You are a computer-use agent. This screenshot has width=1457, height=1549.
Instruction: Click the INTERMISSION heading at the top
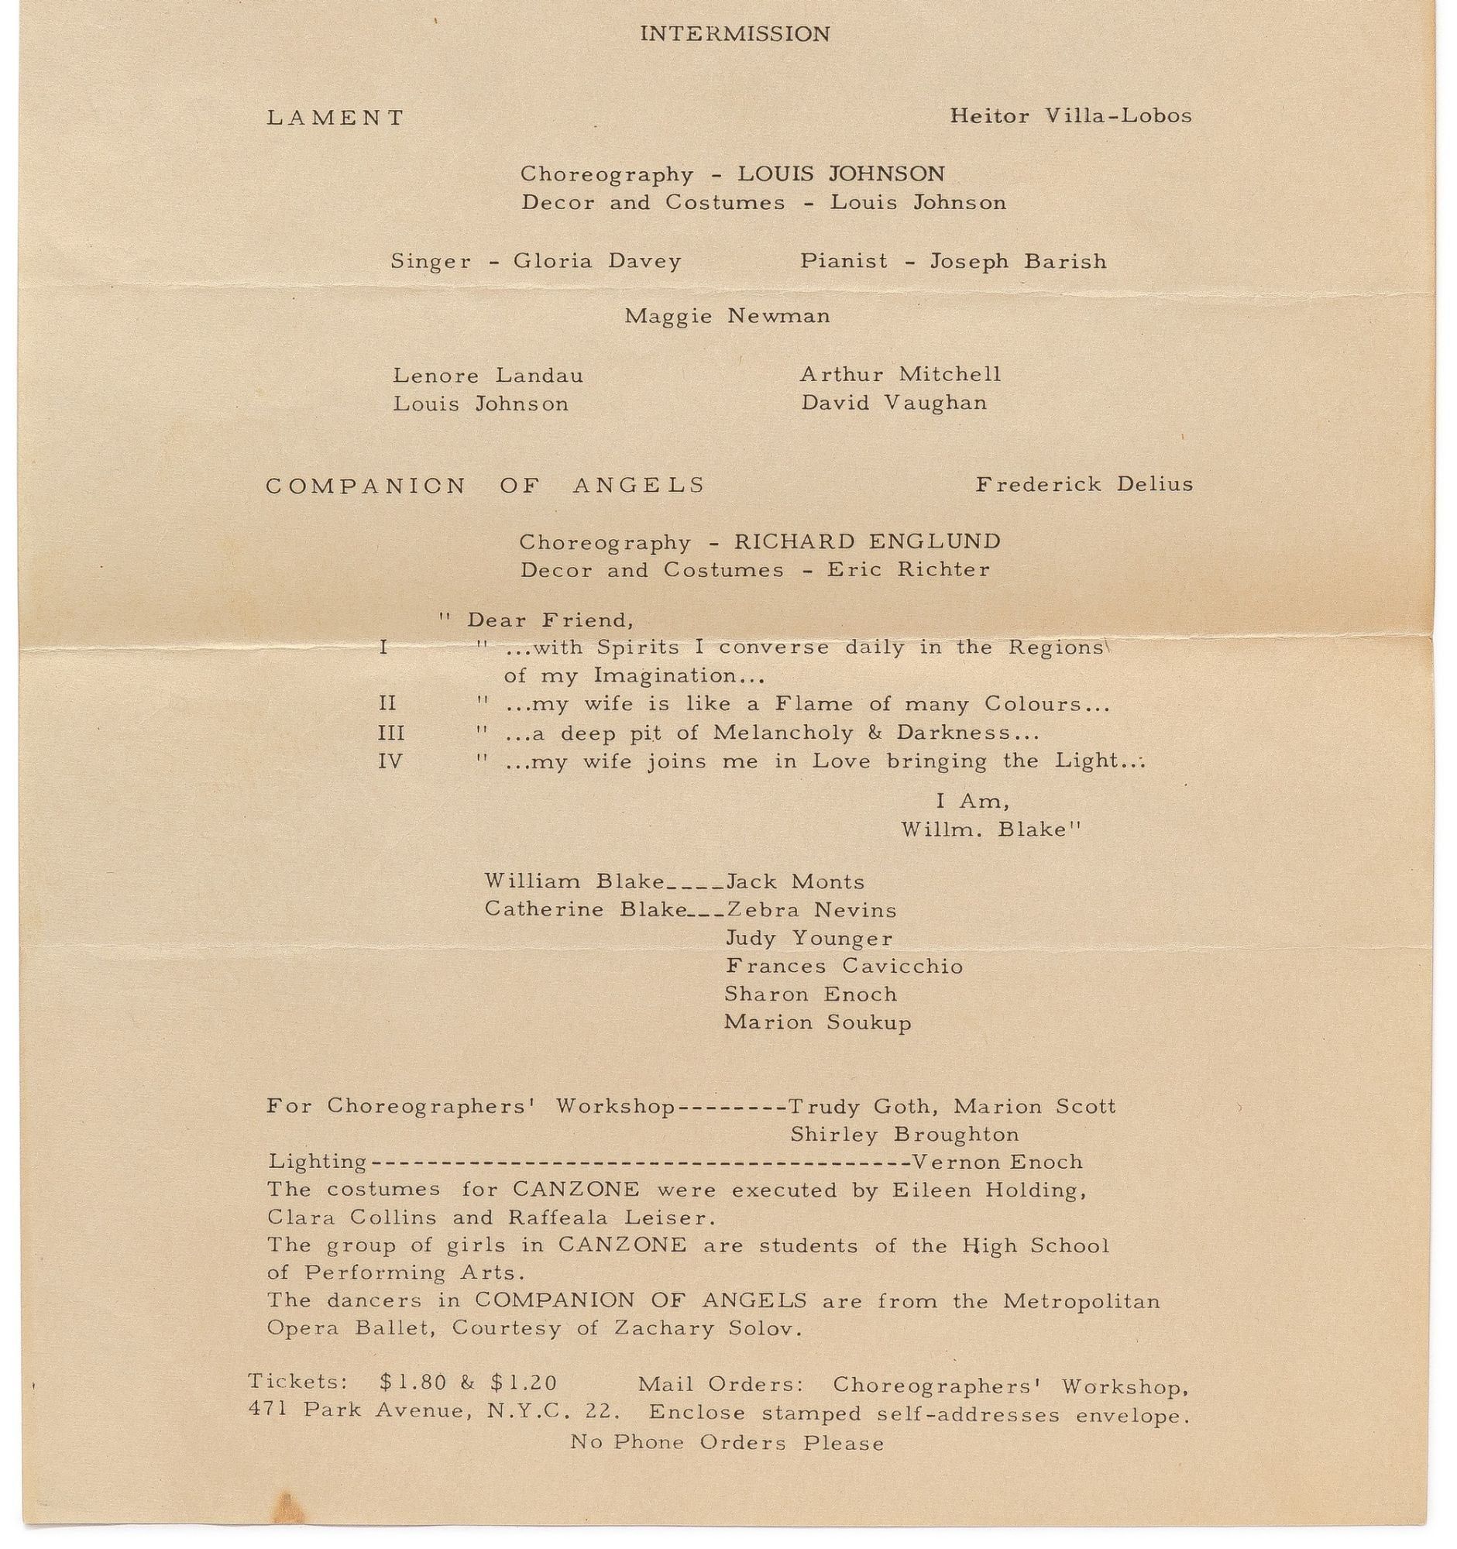(734, 34)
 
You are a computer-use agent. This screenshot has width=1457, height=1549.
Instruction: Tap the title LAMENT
(336, 118)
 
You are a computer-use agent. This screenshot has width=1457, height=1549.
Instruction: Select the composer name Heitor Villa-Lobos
(1070, 116)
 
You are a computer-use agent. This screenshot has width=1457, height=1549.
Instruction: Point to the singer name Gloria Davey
(597, 261)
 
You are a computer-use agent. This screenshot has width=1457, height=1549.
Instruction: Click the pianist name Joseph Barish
(1018, 261)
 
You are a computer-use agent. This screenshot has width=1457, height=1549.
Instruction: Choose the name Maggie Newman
(727, 316)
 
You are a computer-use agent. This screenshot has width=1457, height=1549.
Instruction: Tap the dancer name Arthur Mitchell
(900, 375)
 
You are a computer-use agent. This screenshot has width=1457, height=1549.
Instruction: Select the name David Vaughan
(894, 404)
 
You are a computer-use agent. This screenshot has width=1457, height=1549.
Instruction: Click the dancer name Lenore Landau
(488, 376)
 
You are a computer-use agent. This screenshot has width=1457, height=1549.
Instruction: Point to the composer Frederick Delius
(1084, 485)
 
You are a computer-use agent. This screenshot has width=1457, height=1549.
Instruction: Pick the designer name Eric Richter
(908, 570)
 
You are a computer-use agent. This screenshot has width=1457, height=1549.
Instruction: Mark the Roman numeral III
(391, 733)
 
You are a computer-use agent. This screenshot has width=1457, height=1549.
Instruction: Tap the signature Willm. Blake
(990, 829)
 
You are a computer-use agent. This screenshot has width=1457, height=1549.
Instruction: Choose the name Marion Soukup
(817, 1022)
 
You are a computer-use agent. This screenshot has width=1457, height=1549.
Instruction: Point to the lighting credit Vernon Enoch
(997, 1163)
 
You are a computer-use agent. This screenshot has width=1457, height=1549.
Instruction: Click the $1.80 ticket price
(413, 1383)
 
